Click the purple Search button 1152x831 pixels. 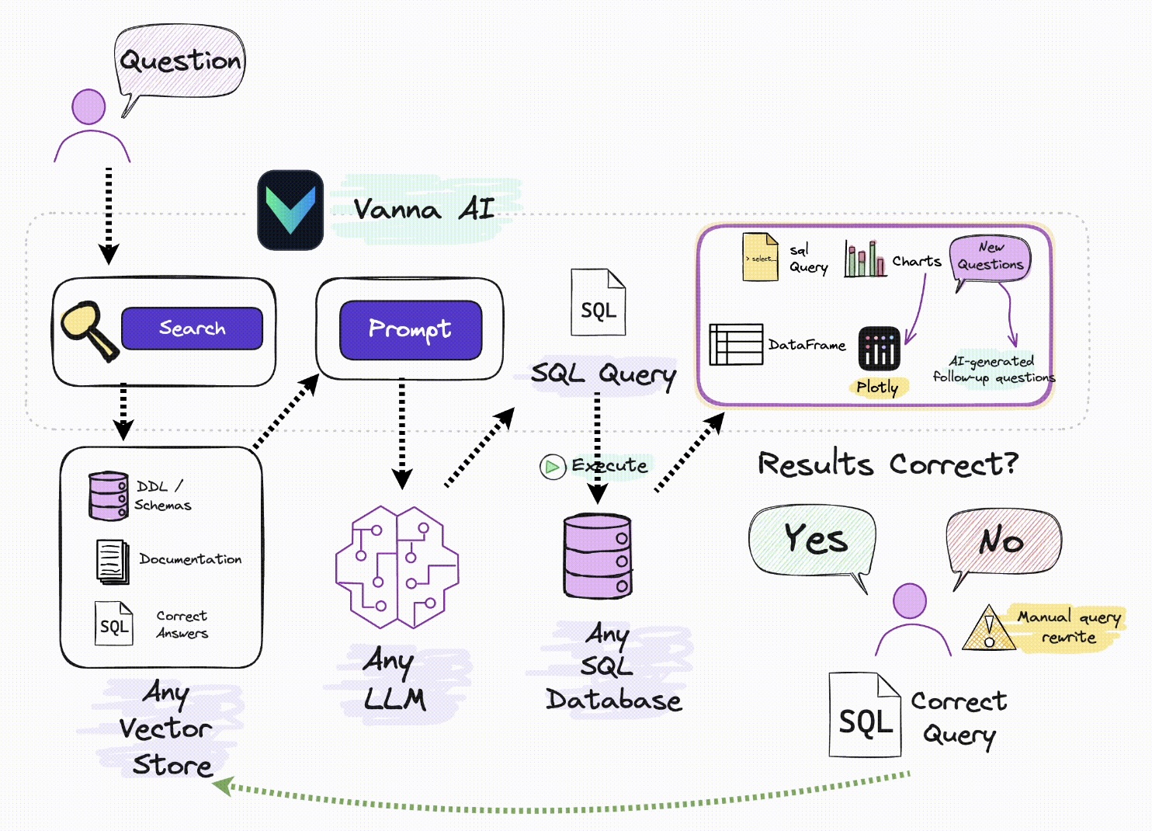click(192, 328)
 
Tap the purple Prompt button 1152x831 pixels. click(411, 329)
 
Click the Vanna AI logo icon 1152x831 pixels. click(290, 210)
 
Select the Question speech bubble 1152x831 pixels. click(180, 61)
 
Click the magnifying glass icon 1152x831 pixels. click(87, 329)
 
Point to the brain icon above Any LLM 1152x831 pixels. click(397, 567)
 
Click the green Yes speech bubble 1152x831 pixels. click(813, 540)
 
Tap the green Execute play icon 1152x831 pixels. click(552, 467)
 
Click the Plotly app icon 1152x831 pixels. click(879, 348)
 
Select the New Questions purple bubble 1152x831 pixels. click(991, 258)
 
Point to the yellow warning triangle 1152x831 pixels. click(988, 629)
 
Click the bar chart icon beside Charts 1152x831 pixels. click(865, 259)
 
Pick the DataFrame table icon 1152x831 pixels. click(736, 344)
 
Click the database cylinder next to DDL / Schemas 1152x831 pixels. click(108, 495)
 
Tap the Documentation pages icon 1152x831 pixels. click(113, 562)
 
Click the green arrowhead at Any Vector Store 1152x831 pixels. click(223, 785)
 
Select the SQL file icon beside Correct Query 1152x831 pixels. click(865, 715)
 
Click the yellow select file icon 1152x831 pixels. click(760, 257)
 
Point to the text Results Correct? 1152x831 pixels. click(887, 464)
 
